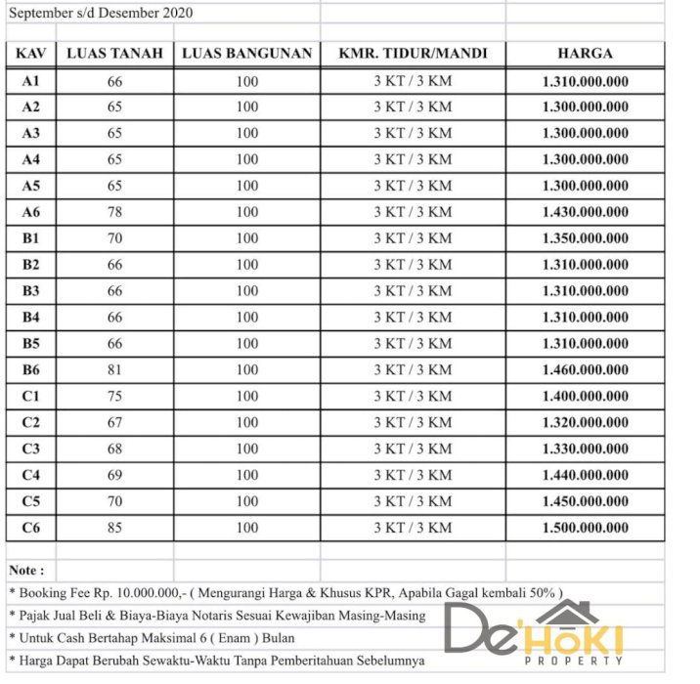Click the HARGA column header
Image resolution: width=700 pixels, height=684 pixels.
pos(585,54)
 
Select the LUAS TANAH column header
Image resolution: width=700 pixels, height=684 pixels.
pos(114,54)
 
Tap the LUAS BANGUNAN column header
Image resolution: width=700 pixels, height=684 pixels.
pos(247,54)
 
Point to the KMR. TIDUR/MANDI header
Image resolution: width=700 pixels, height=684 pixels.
pos(413,54)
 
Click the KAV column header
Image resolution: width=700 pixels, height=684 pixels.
pos(30,54)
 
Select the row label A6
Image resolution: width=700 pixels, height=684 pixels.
pos(30,212)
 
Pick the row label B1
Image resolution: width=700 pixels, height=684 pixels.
pos(30,238)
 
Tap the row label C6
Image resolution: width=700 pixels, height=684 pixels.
pos(30,529)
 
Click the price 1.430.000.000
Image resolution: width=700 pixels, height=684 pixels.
pos(585,212)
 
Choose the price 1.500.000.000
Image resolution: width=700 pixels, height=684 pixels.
pos(585,529)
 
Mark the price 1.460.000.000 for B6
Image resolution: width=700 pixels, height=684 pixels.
pos(585,370)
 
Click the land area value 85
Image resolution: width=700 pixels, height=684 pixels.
pos(114,529)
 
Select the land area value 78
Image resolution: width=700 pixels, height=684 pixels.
pos(114,212)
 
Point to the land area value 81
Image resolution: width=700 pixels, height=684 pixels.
pos(114,370)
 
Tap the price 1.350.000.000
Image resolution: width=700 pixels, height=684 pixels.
pos(585,238)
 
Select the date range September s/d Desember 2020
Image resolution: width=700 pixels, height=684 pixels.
pos(101,13)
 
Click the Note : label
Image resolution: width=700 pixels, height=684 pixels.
pos(26,571)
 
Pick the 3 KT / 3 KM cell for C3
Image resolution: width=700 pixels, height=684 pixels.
pos(413,449)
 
